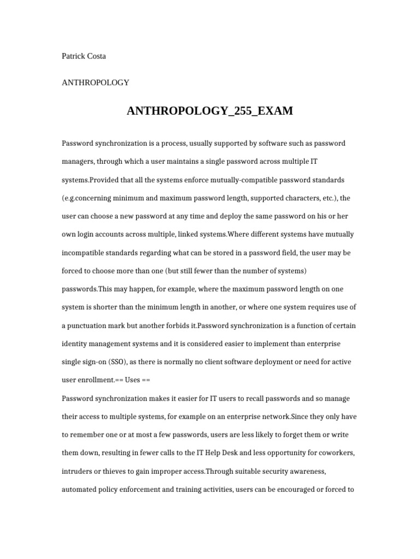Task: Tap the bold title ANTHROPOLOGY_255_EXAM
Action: click(x=210, y=111)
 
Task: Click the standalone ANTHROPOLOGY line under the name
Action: click(x=96, y=83)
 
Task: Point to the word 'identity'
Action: click(x=75, y=344)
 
